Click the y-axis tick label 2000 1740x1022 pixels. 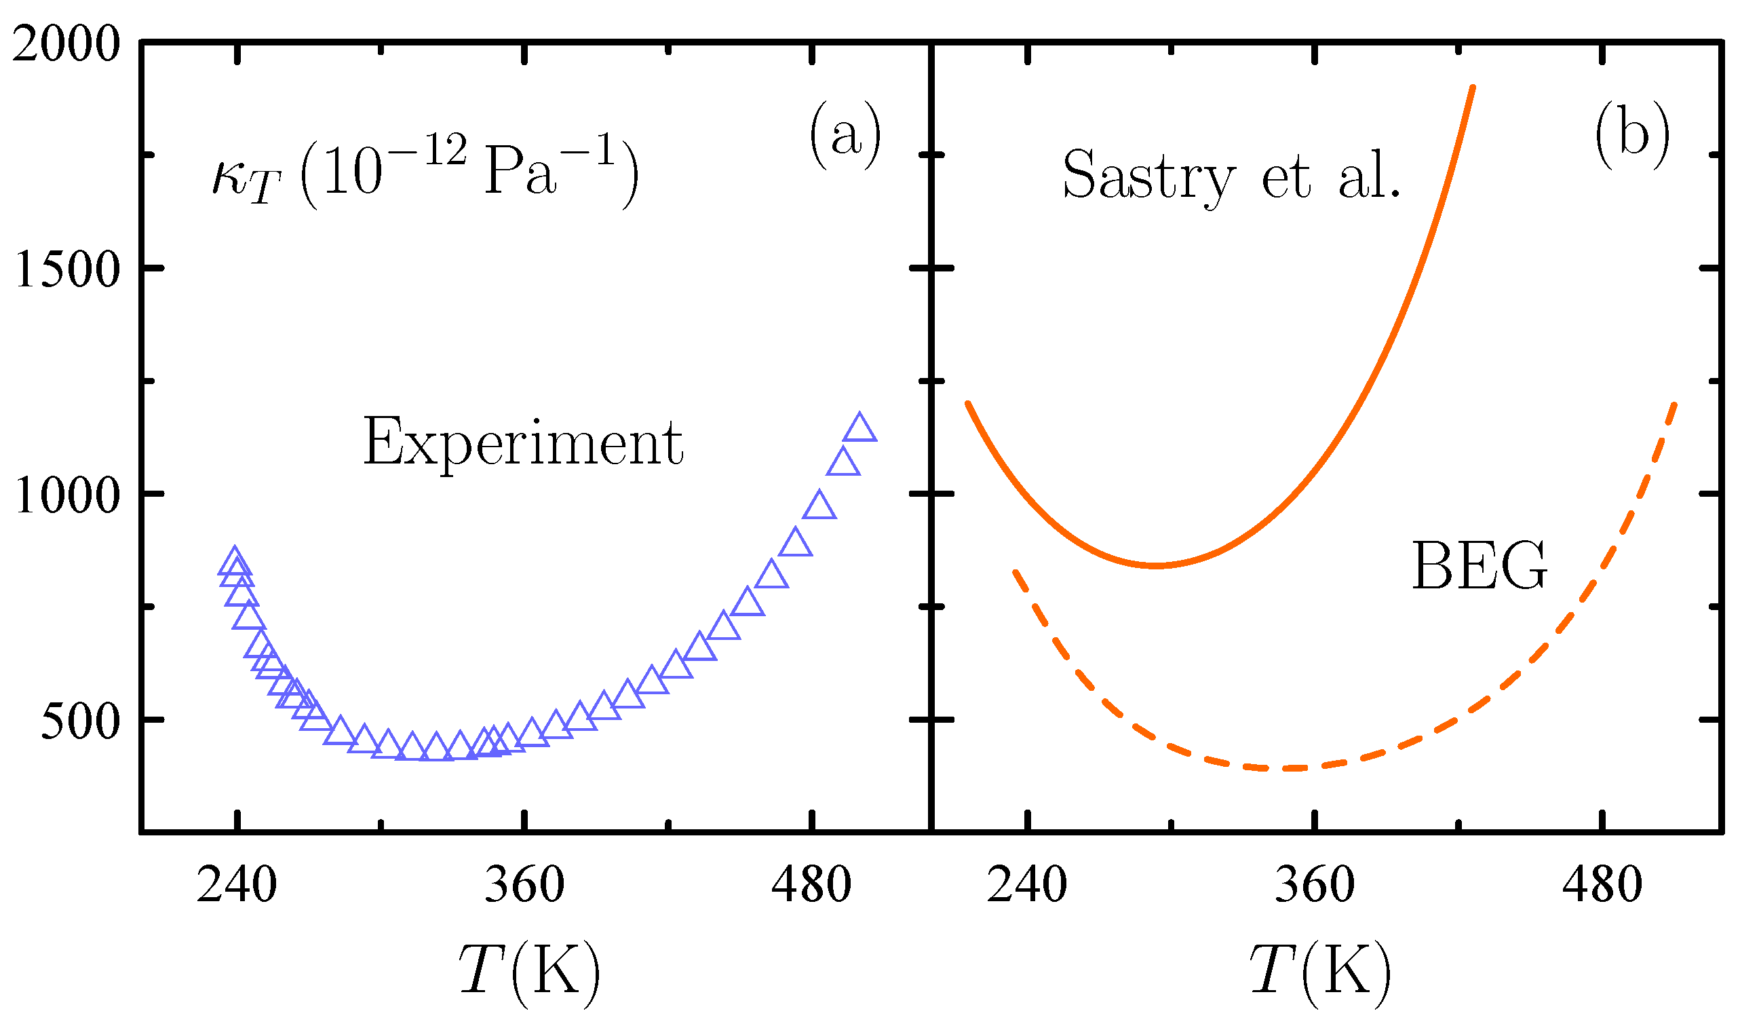[66, 47]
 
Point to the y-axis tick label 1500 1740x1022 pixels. [68, 270]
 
